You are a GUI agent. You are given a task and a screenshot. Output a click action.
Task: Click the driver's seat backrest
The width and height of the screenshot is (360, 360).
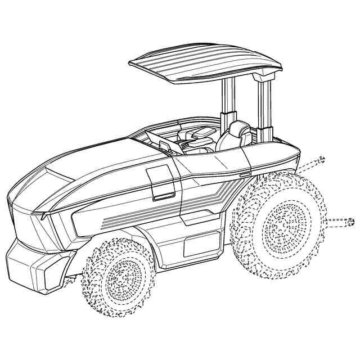point(239,135)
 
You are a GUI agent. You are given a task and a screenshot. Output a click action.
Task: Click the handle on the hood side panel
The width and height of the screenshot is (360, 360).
point(164,196)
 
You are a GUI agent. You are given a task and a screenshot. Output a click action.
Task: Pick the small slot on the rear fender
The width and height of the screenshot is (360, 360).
point(243,176)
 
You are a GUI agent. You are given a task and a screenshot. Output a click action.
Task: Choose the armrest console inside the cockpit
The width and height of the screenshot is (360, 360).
point(197,135)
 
